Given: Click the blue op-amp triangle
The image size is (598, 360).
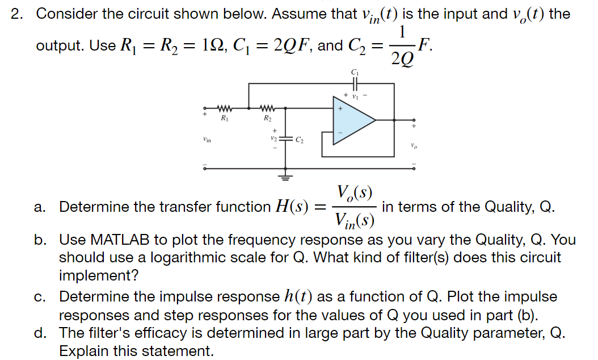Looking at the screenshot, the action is [352, 120].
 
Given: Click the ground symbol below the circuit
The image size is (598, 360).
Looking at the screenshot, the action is [285, 177].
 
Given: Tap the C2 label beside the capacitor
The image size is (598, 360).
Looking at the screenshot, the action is [298, 139].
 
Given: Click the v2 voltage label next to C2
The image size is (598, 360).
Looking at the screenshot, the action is [274, 139].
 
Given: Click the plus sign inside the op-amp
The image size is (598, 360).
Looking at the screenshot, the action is [341, 108].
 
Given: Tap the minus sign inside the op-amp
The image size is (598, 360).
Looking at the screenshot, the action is [341, 133].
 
